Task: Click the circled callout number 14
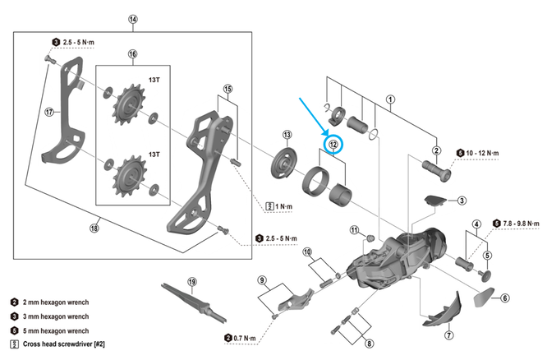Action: point(134,18)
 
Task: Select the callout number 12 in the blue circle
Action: point(333,144)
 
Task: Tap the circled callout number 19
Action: point(192,281)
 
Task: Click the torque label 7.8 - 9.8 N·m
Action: point(520,223)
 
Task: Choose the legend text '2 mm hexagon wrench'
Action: point(62,302)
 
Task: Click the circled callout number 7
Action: point(449,335)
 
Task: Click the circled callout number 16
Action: point(132,54)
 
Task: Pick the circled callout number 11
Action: point(354,229)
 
